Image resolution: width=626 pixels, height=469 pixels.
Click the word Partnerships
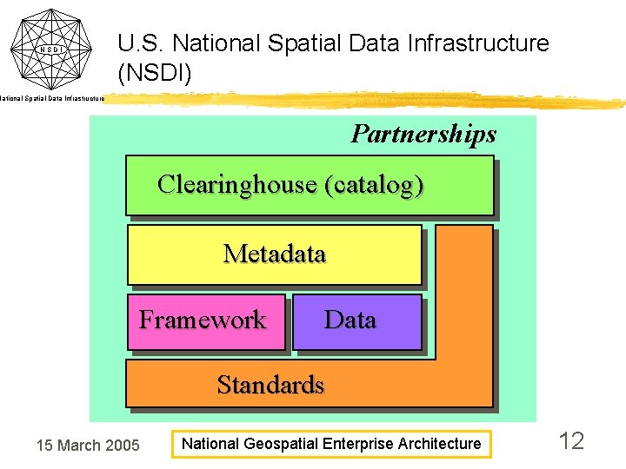[x=423, y=134]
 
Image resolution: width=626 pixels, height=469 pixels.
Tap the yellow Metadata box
[x=275, y=254]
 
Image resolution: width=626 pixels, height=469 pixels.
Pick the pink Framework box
[x=206, y=321]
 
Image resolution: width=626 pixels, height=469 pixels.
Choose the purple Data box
[x=356, y=321]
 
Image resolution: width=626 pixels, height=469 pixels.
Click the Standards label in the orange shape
[x=270, y=385]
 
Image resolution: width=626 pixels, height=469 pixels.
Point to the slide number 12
[x=571, y=441]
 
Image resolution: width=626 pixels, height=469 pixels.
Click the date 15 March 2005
[x=87, y=446]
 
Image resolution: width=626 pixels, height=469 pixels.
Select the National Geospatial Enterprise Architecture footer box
[x=330, y=444]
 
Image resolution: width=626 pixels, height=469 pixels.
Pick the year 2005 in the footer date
[x=122, y=446]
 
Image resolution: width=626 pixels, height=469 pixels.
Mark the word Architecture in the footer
[x=440, y=444]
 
